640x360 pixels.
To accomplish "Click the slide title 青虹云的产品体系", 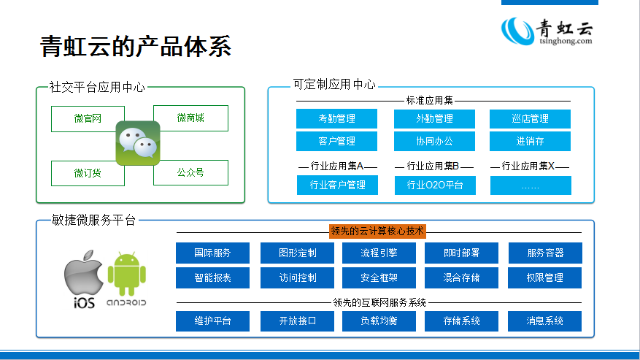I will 136,46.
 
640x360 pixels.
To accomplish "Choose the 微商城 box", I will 190,118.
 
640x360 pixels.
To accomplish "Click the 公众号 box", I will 190,172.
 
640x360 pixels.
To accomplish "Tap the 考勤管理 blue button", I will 336,118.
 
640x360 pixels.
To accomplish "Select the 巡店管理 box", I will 531,118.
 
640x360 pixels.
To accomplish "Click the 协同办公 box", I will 434,140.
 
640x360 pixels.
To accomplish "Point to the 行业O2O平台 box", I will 434,185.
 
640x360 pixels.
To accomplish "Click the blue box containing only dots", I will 531,185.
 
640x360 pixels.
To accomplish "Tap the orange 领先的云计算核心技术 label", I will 377,231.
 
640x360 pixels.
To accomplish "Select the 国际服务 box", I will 212,253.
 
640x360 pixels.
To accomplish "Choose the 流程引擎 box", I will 379,253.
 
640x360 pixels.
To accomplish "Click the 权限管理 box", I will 545,277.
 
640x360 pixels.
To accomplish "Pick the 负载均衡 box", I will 379,321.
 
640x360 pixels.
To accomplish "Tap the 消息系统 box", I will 545,321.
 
